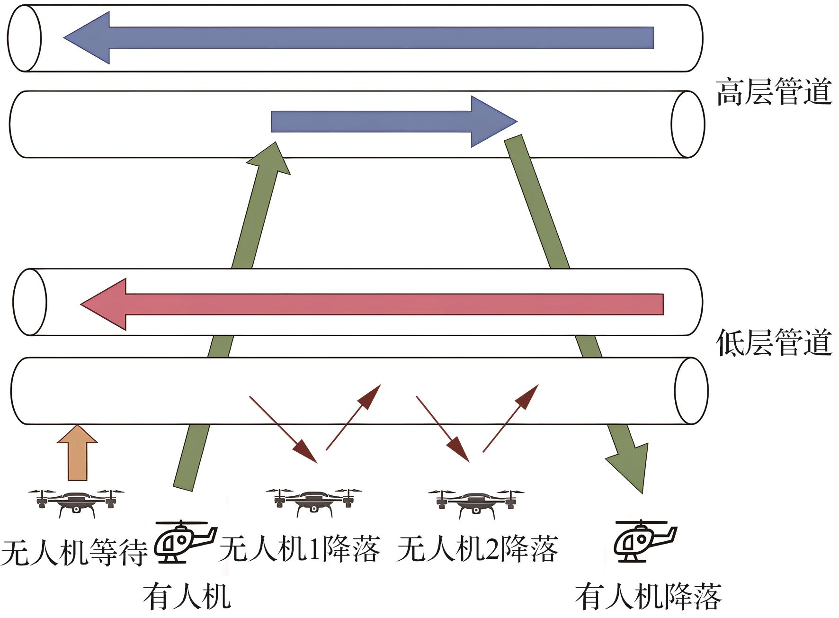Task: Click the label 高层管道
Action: [x=774, y=93]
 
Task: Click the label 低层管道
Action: [x=774, y=343]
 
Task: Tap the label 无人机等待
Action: [x=74, y=551]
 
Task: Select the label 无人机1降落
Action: [x=300, y=549]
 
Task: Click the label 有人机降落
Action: [x=648, y=597]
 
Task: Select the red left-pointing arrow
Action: [x=371, y=304]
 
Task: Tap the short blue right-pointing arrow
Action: [x=393, y=122]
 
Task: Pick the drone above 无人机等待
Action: [x=76, y=502]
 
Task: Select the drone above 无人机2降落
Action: [x=476, y=502]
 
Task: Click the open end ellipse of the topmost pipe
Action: [x=24, y=38]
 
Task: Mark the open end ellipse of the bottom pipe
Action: [x=691, y=391]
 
